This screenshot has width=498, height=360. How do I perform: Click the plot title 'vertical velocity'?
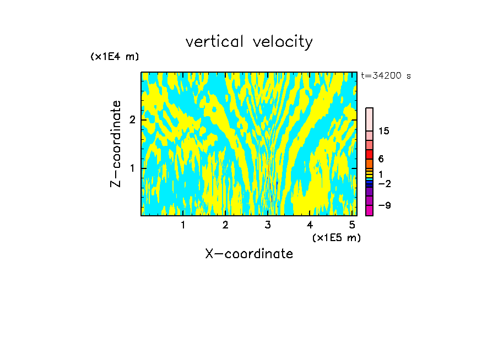[x=249, y=42]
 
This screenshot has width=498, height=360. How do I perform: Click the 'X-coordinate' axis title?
[x=249, y=254]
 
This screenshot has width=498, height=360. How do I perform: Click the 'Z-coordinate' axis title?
[x=116, y=144]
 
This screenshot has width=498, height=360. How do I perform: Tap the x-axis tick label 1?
[x=183, y=225]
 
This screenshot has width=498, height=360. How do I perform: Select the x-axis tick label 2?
[x=225, y=225]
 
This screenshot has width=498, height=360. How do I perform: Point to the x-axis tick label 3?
[x=268, y=225]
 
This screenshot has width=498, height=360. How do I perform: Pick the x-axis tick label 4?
[x=310, y=225]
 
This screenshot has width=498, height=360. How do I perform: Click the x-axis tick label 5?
[x=353, y=225]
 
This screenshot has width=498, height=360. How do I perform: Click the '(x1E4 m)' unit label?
[x=115, y=57]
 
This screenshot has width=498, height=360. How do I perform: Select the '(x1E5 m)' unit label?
[x=336, y=237]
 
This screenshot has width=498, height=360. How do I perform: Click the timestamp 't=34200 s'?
[x=386, y=76]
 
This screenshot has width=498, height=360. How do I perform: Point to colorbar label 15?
[x=384, y=131]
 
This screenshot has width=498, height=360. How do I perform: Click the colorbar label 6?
[x=381, y=159]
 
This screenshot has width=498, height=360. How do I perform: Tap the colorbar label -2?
[x=384, y=184]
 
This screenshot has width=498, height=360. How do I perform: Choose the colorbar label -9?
[x=384, y=205]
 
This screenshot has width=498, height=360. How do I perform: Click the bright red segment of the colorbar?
[x=369, y=154]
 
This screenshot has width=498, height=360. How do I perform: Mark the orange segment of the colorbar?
[x=369, y=163]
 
